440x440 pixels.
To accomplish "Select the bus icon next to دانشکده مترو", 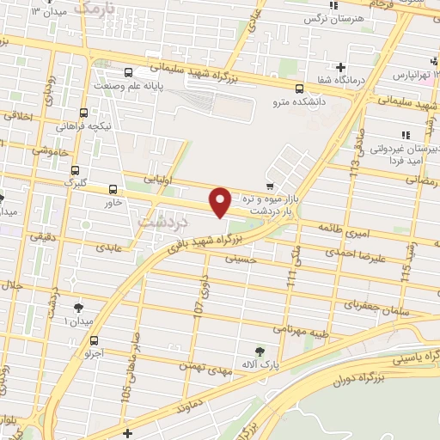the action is [x=299, y=89].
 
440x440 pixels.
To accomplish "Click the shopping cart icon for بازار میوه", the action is [x=270, y=185].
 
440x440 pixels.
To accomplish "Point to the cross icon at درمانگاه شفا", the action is [x=340, y=67].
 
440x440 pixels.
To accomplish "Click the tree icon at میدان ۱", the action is [x=79, y=307].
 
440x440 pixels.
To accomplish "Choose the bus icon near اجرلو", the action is [x=94, y=339].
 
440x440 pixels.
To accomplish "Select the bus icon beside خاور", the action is [x=113, y=189].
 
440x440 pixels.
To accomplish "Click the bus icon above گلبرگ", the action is [x=76, y=170].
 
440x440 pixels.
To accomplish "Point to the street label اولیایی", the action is [x=157, y=182].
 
